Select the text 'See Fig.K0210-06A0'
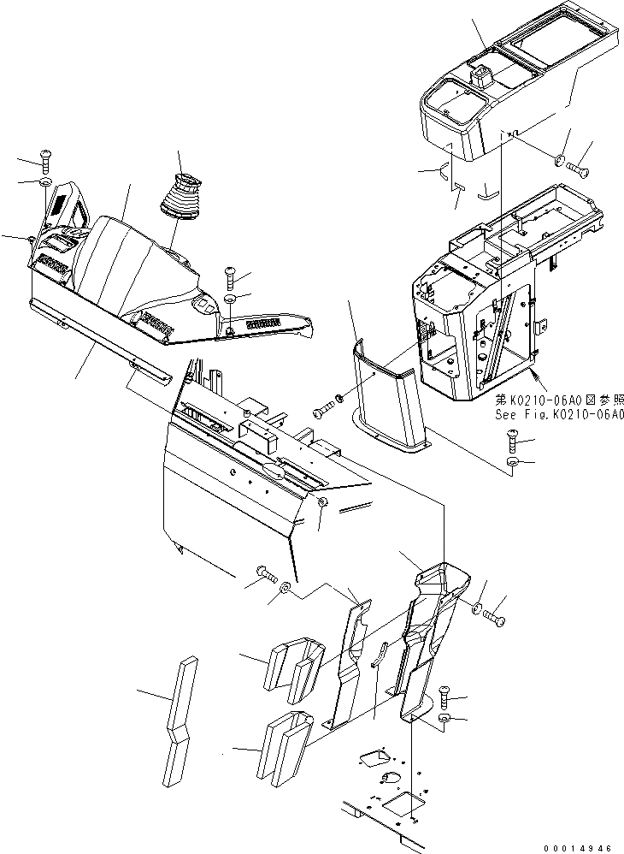click(x=560, y=415)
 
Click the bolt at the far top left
click(x=45, y=158)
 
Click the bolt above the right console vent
click(x=230, y=276)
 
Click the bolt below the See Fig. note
click(x=511, y=442)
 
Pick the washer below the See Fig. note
click(x=511, y=463)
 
